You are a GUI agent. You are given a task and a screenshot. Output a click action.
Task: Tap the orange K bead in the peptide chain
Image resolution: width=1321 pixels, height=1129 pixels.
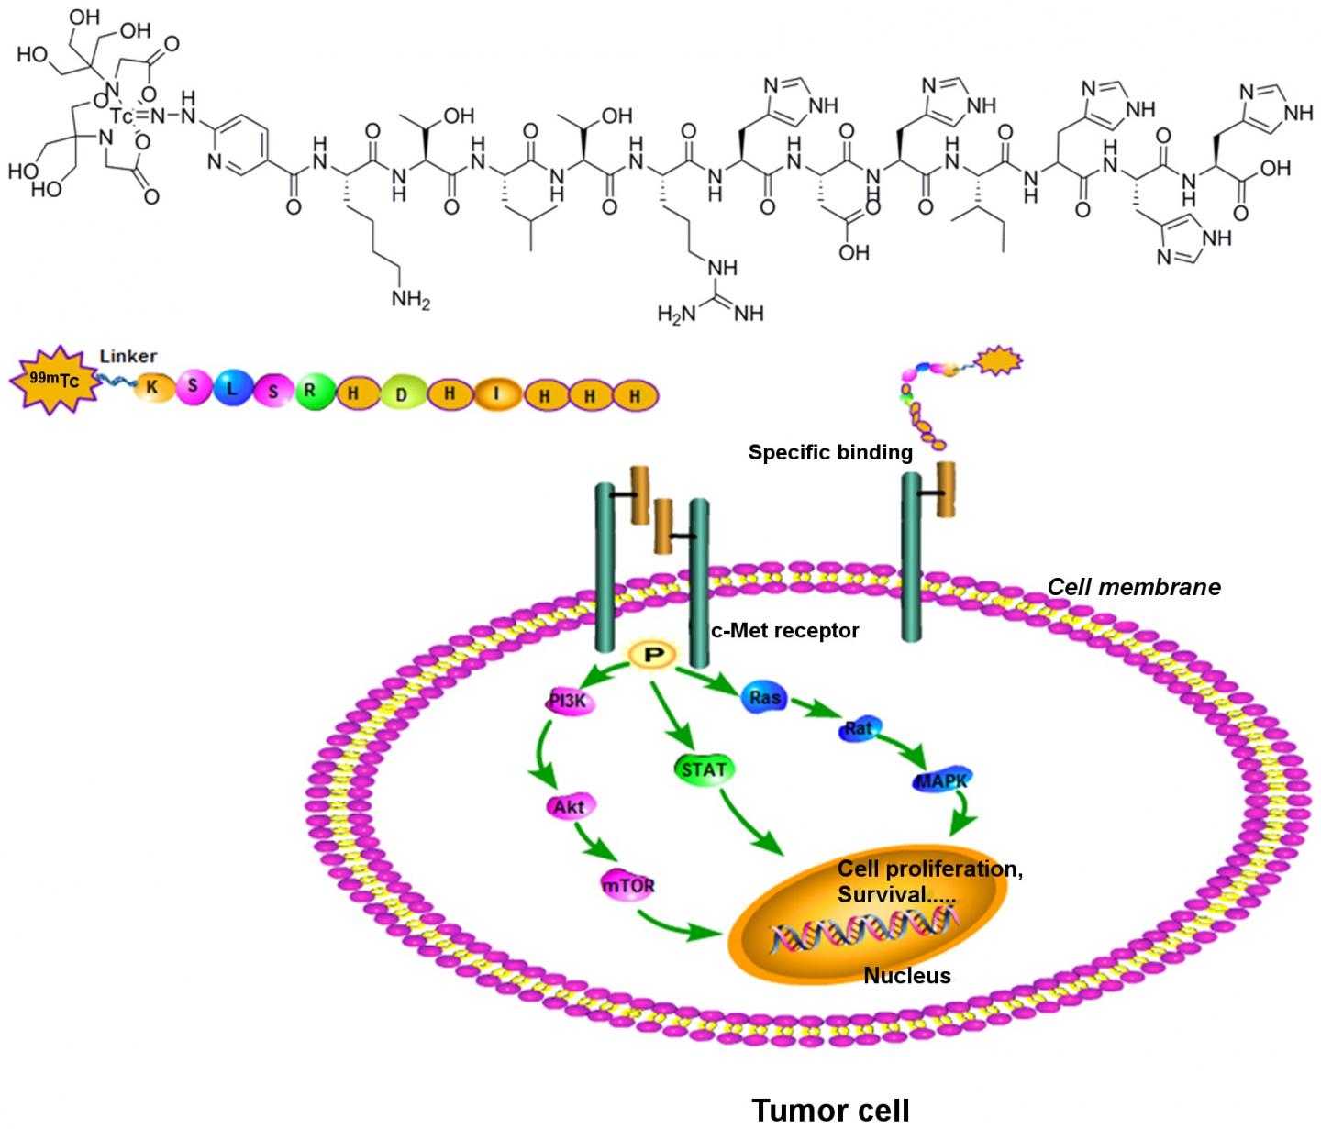pos(153,388)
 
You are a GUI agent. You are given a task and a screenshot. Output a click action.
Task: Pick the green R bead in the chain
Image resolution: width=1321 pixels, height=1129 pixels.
pos(310,391)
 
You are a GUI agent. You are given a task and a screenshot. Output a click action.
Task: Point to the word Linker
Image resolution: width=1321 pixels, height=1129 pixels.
pos(128,356)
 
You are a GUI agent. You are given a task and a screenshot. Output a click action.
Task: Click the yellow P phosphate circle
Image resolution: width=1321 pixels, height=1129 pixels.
pos(649,654)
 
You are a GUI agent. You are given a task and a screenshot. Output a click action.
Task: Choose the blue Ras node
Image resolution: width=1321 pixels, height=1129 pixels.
pos(764,697)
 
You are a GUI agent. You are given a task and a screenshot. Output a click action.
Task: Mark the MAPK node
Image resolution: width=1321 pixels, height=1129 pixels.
pos(941,782)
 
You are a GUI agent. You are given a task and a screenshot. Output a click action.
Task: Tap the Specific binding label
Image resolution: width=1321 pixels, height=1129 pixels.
pos(829,452)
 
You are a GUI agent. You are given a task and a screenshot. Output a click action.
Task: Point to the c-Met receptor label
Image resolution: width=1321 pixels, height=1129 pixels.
pos(785,630)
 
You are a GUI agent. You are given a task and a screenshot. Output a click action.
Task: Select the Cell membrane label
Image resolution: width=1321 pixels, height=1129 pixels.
pos(1134,587)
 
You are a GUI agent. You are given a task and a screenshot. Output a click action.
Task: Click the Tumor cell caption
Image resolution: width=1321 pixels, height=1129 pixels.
pos(830,1109)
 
